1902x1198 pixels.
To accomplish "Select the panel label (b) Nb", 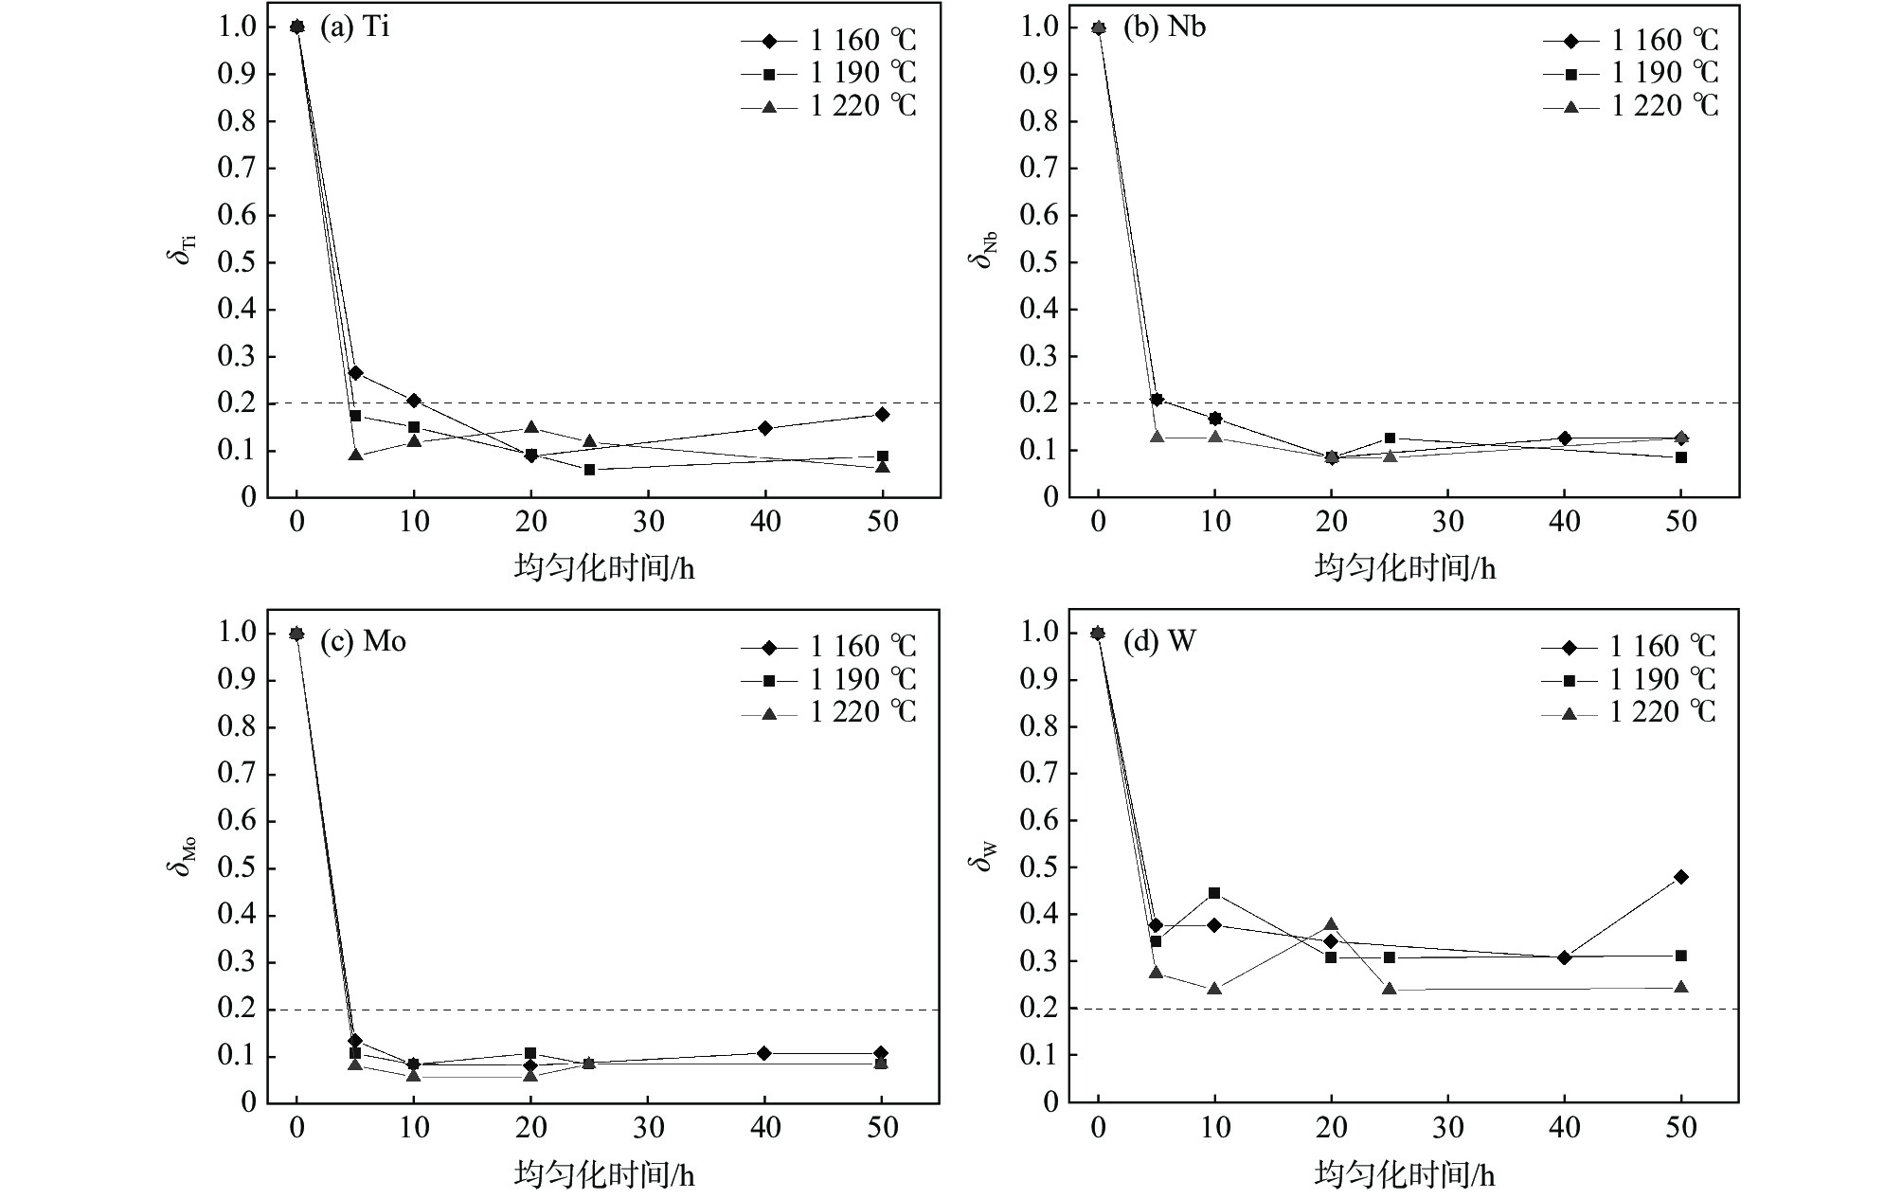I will click(x=1164, y=27).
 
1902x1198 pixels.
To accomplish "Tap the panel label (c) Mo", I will click(x=363, y=641).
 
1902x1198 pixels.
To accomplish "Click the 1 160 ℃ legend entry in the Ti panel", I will click(x=829, y=41).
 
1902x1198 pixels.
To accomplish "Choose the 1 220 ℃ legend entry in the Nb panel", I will click(x=1630, y=105).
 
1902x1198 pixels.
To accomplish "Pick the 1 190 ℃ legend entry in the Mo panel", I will click(x=829, y=679).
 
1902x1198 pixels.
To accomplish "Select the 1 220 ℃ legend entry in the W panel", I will click(x=1629, y=711).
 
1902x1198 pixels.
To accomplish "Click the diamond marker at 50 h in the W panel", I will click(x=1681, y=877).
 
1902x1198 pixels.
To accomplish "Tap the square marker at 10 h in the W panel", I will click(x=1214, y=893).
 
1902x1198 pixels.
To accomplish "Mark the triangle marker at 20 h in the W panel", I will click(x=1331, y=924).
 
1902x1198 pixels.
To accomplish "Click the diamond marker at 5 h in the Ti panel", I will click(x=355, y=372).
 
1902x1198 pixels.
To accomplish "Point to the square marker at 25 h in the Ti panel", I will click(x=589, y=470).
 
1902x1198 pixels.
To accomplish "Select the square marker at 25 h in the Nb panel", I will click(x=1390, y=438).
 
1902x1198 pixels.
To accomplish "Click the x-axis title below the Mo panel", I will click(x=604, y=1175).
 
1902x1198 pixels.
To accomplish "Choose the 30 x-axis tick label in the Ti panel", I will click(x=649, y=523).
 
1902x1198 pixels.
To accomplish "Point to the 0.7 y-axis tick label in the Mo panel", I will click(x=236, y=774).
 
